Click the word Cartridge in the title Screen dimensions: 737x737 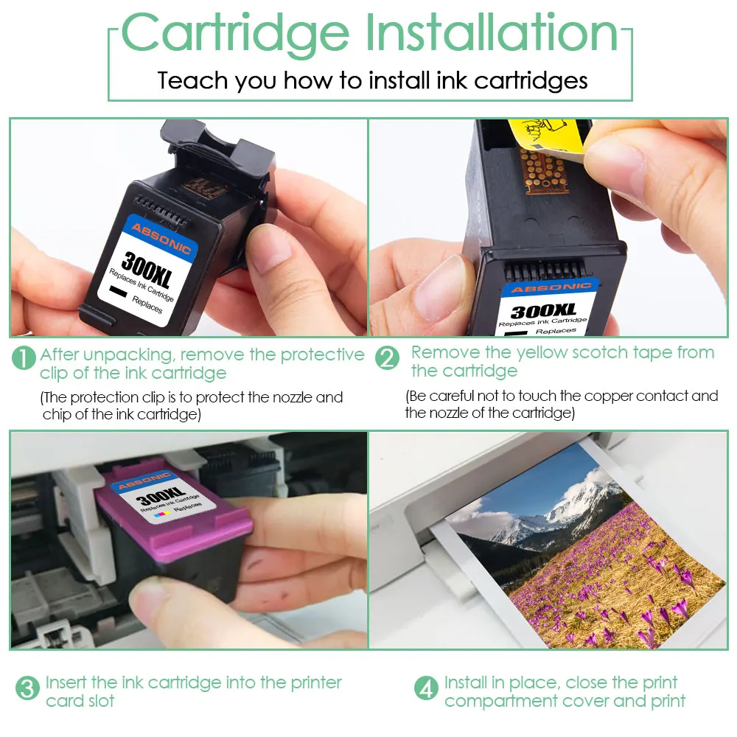235,33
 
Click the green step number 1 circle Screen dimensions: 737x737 24,359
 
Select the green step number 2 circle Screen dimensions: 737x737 387,359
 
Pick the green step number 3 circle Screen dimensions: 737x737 27,689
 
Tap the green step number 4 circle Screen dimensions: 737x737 426,689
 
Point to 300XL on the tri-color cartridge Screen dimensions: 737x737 163,496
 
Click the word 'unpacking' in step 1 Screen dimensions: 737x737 128,354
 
